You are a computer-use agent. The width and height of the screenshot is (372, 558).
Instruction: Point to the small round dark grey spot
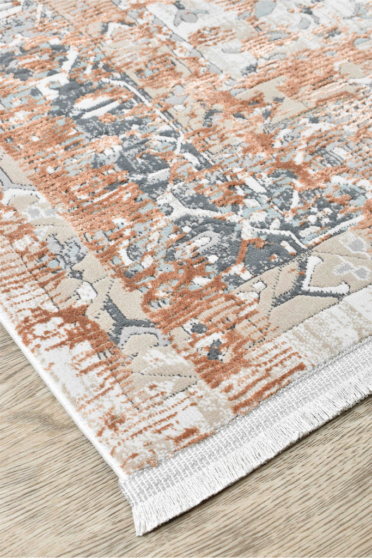(199, 328)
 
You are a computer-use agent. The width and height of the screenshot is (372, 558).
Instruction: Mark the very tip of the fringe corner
(139, 531)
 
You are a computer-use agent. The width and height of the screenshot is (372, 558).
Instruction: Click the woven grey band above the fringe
(245, 430)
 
